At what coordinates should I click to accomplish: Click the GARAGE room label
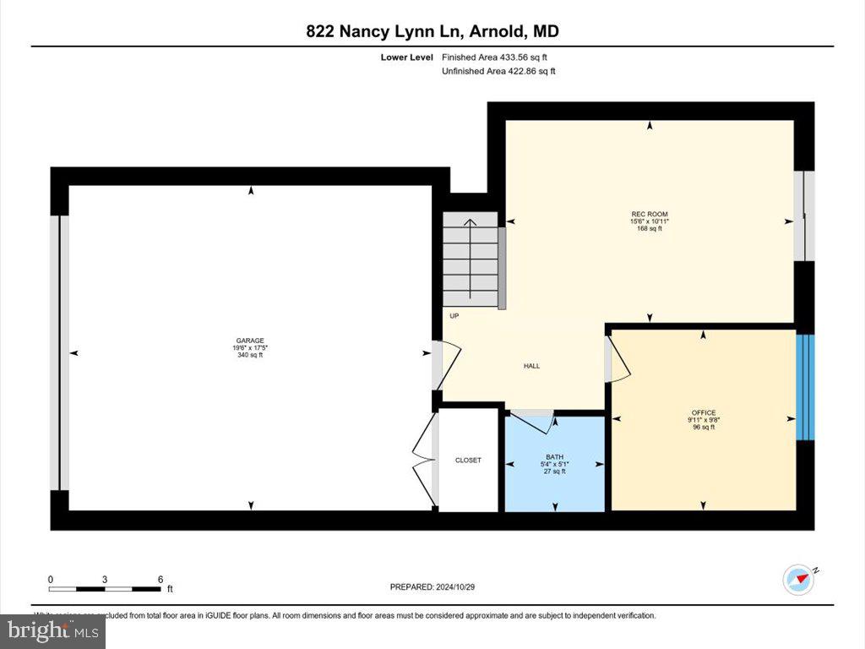(x=250, y=341)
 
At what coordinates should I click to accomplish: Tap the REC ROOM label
(x=649, y=214)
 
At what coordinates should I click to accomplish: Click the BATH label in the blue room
(x=554, y=456)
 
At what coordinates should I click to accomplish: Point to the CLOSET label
(x=468, y=460)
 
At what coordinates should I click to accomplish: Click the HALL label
(x=531, y=366)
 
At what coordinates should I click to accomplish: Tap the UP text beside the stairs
(x=454, y=316)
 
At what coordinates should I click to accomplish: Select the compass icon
(x=799, y=580)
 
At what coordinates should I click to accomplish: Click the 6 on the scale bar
(x=160, y=579)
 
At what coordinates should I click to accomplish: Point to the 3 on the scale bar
(x=105, y=579)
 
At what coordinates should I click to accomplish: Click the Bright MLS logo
(x=52, y=630)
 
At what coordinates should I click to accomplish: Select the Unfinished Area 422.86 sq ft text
(x=498, y=72)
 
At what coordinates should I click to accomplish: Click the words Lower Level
(x=406, y=57)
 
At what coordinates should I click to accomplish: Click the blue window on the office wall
(x=806, y=386)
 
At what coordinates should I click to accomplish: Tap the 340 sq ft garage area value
(x=250, y=355)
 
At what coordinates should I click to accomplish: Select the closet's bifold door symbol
(x=422, y=460)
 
